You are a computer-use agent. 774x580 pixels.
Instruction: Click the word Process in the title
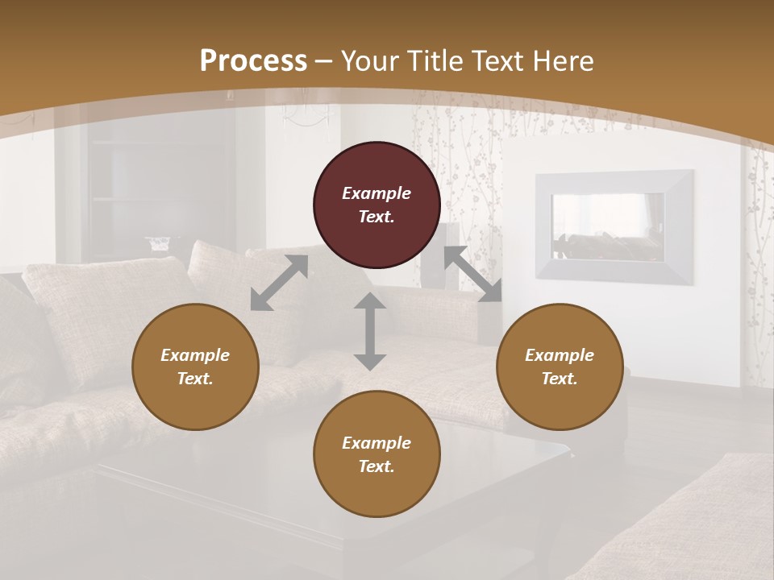253,61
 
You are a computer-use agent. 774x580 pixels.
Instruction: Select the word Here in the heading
562,61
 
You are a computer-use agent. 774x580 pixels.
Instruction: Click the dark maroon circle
377,205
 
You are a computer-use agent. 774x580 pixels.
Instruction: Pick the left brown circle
195,367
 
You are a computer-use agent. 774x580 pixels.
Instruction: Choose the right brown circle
560,367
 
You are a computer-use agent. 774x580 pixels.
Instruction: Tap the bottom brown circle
377,454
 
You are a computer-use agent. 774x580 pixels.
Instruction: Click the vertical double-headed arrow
370,331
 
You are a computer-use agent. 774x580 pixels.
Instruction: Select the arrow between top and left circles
279,283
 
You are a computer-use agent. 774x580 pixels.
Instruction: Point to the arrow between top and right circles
472,274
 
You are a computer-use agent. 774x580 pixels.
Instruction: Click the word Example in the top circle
377,193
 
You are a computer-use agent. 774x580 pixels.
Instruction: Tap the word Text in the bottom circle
377,466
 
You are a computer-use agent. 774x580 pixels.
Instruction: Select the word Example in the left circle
195,355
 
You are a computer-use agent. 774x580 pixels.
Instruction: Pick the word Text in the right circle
560,379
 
